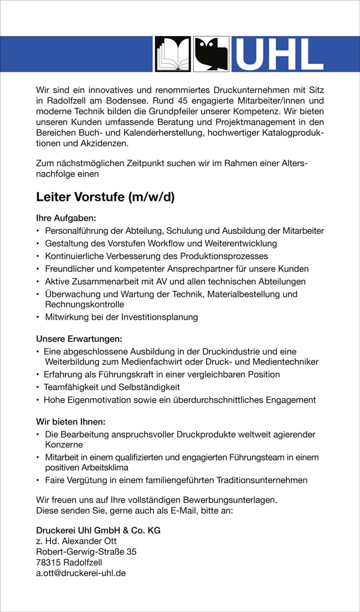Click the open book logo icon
coord(172,54)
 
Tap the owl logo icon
coord(211,54)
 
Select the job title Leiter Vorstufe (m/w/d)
coord(105,197)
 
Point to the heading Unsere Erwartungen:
coord(79,338)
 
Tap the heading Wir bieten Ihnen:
coord(70,421)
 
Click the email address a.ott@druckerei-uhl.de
coord(81,573)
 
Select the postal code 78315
coord(48,562)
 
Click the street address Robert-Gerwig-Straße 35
coord(86,552)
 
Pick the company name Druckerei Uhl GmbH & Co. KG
coord(98,530)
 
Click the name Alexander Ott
coord(89,541)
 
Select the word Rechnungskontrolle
coord(84,305)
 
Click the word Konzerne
coord(64,445)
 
